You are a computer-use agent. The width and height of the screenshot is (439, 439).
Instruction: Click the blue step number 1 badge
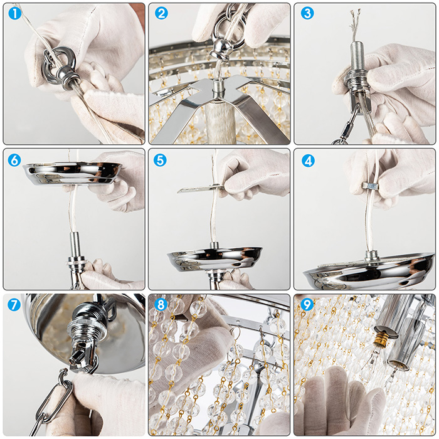(x=15, y=13)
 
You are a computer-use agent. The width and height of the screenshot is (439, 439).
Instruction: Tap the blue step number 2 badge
(x=161, y=13)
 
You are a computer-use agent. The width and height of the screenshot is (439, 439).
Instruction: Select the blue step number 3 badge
(x=307, y=13)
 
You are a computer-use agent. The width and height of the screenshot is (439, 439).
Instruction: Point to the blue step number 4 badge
(x=308, y=161)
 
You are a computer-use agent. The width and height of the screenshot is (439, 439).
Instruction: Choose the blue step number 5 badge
(x=160, y=160)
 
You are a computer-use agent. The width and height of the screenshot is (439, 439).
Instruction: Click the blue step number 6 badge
(x=14, y=160)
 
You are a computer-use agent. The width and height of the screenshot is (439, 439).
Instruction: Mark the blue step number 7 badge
(x=14, y=305)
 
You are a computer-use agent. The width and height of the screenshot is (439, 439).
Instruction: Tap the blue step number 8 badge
(x=161, y=305)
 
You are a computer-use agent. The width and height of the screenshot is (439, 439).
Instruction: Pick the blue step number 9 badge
(x=307, y=305)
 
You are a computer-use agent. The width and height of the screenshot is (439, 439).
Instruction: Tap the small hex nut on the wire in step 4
(x=370, y=186)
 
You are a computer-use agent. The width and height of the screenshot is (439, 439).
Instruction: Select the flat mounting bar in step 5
(x=200, y=188)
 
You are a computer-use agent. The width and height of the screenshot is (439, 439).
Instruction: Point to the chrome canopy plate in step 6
(x=72, y=174)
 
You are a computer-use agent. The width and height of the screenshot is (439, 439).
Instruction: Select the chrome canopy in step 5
(x=214, y=259)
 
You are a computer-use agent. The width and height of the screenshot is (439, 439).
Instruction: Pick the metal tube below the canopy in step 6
(x=75, y=247)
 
